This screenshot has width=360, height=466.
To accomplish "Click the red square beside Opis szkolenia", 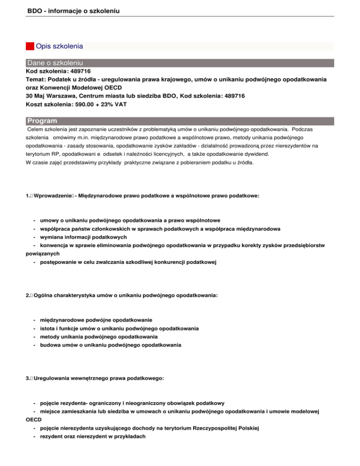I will coord(30,46).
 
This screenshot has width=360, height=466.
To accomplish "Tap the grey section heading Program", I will coord(42,120).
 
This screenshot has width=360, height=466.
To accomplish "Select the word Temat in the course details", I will coord(35,80).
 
